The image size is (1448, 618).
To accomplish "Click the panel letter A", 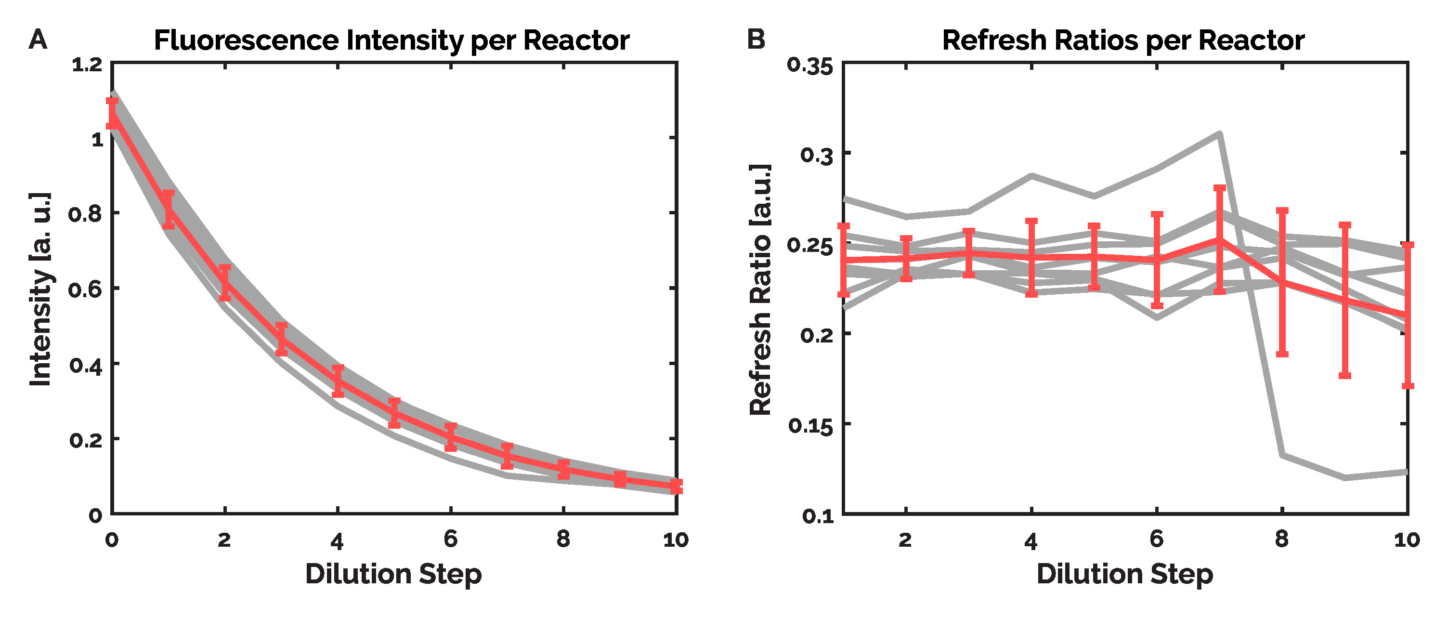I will click(38, 40).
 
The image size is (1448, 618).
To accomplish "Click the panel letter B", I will click(756, 40).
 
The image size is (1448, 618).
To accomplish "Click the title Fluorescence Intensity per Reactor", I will click(392, 40).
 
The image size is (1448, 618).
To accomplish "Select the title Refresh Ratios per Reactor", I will click(1123, 40).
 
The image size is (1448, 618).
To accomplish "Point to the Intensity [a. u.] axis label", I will click(40, 289).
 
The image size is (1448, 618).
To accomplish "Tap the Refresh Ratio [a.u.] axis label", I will click(760, 289).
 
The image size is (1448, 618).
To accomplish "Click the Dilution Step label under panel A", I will click(393, 574).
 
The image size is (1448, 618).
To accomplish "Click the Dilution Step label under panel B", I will click(1125, 574).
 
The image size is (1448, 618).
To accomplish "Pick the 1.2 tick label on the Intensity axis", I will click(87, 65).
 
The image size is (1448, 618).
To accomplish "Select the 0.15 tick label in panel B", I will click(810, 426).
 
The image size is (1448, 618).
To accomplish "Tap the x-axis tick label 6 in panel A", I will click(450, 539).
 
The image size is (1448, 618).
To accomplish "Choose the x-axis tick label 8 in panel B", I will click(1281, 539).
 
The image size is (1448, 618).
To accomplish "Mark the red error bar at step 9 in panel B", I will click(1344, 300).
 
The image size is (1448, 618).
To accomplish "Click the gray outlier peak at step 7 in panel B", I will click(1219, 134).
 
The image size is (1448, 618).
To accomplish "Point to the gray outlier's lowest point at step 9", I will click(1344, 477).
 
